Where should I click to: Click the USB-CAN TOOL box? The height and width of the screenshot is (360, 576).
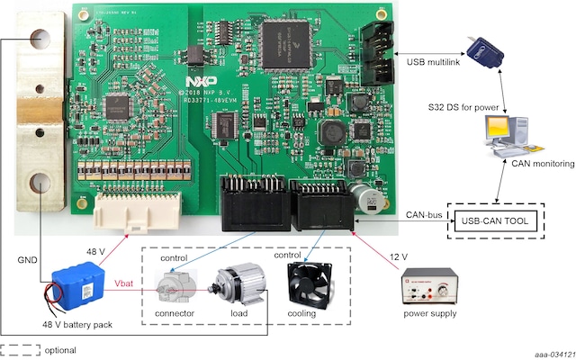click(498, 220)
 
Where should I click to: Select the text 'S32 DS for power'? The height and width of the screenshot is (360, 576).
click(463, 107)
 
